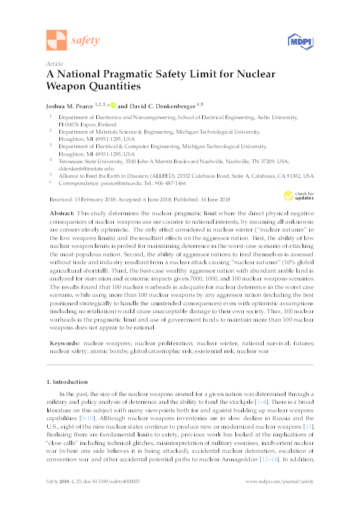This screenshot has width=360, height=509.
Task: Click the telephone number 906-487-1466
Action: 169,183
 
